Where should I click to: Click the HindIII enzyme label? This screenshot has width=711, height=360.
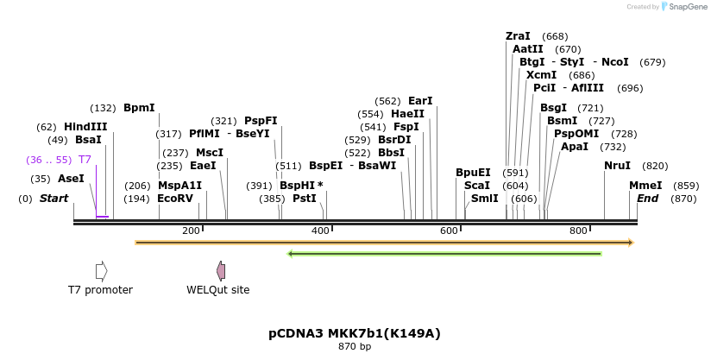(85, 127)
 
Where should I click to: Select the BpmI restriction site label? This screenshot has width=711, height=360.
(139, 108)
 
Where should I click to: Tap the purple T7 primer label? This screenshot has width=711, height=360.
(85, 160)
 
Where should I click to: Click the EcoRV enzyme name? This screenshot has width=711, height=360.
(175, 199)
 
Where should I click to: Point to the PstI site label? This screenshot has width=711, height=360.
(305, 199)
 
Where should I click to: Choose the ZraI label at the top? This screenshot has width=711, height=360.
(518, 36)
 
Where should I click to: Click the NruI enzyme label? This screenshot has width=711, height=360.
(617, 166)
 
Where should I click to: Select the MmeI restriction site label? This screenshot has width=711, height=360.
(645, 186)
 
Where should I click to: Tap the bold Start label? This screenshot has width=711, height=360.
(53, 199)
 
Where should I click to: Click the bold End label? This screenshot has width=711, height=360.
(648, 199)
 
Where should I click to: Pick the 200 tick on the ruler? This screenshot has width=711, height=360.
(191, 231)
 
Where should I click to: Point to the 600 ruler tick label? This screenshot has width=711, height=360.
(449, 231)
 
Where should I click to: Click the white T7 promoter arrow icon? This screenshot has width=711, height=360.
(101, 271)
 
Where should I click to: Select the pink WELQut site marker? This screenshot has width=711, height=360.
(222, 271)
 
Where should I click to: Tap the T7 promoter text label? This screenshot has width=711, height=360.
(101, 290)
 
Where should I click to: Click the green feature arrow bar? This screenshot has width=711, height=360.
(444, 254)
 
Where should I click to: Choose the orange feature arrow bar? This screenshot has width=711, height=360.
(384, 243)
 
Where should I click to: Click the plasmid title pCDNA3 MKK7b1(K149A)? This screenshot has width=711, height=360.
(355, 333)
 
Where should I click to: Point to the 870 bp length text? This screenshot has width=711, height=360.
(355, 347)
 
